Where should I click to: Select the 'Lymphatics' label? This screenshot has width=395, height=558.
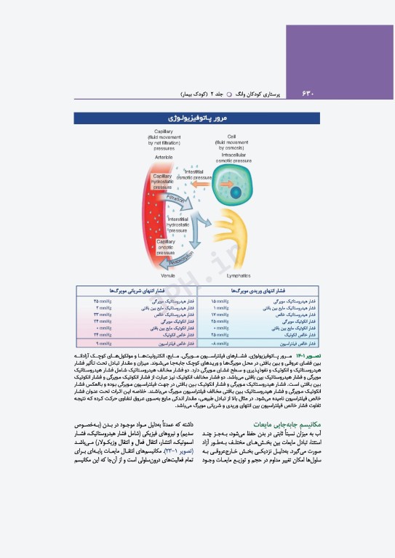coord(233,276)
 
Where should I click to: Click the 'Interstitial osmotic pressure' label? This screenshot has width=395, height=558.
coord(194,174)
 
